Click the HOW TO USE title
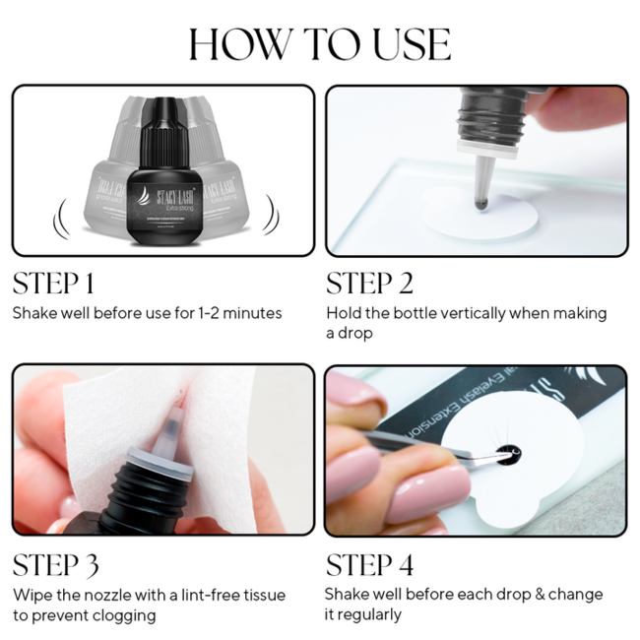(320, 44)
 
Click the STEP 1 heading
(53, 284)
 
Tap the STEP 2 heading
(369, 284)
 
